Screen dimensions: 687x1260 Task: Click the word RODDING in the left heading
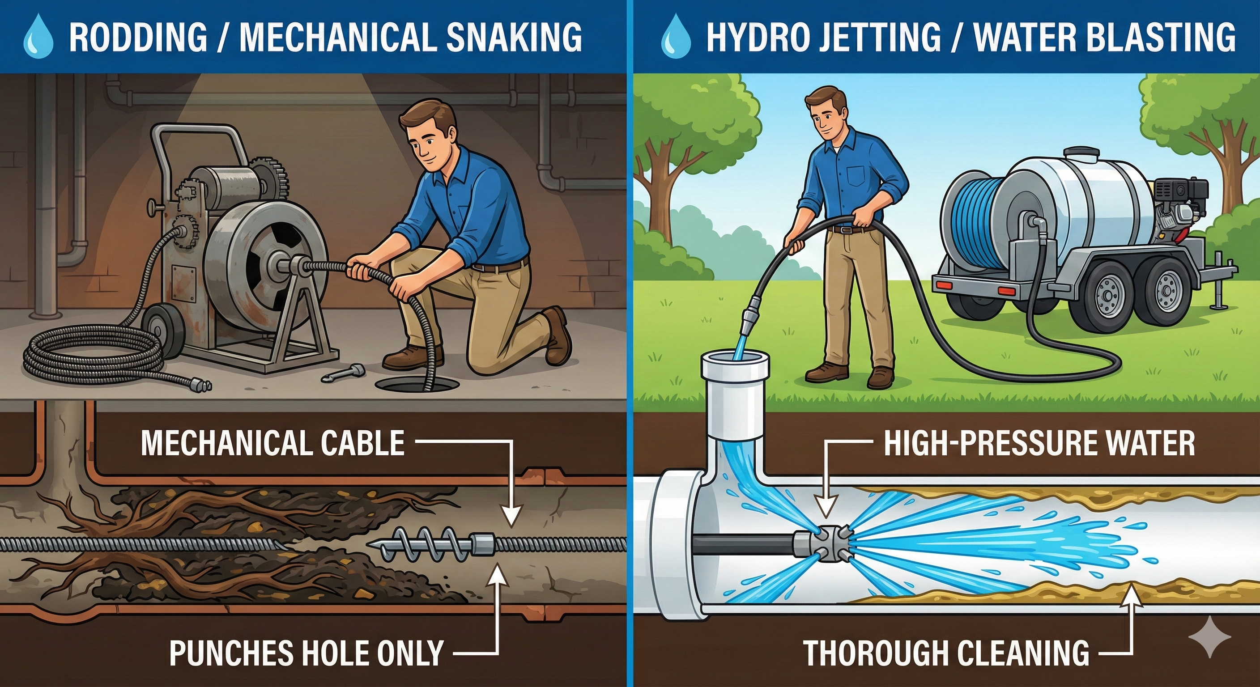pyautogui.click(x=138, y=37)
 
